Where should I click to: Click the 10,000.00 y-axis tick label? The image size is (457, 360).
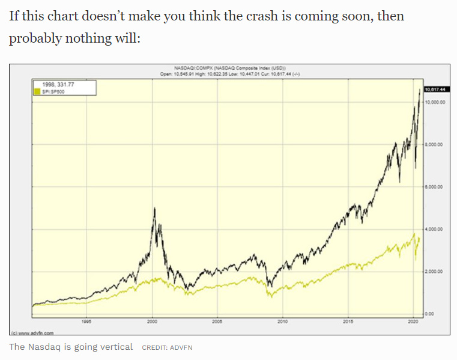coord(434,102)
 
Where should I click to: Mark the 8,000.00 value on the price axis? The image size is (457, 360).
coord(434,145)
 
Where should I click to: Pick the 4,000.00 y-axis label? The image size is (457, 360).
coord(434,230)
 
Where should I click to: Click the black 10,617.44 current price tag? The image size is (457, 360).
coord(434,89)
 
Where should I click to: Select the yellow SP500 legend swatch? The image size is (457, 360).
coord(37,92)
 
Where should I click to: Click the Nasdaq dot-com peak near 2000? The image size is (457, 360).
coord(155,208)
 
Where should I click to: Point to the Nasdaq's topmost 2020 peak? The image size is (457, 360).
coord(419,89)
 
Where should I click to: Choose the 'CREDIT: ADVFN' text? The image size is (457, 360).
coord(167,347)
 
